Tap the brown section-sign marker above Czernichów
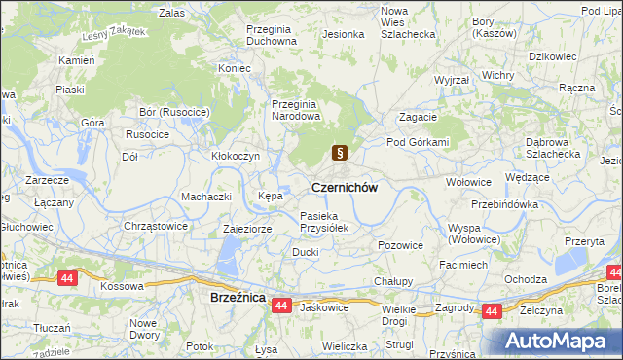(x=340, y=152)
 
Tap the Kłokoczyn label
(x=235, y=156)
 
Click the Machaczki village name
(x=205, y=197)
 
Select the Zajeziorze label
(x=247, y=229)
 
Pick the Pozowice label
(x=400, y=246)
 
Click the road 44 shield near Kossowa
(x=67, y=278)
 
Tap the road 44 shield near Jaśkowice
(x=281, y=306)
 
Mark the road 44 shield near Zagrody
(x=492, y=311)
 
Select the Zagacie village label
(x=417, y=117)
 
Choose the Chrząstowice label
(x=155, y=226)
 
